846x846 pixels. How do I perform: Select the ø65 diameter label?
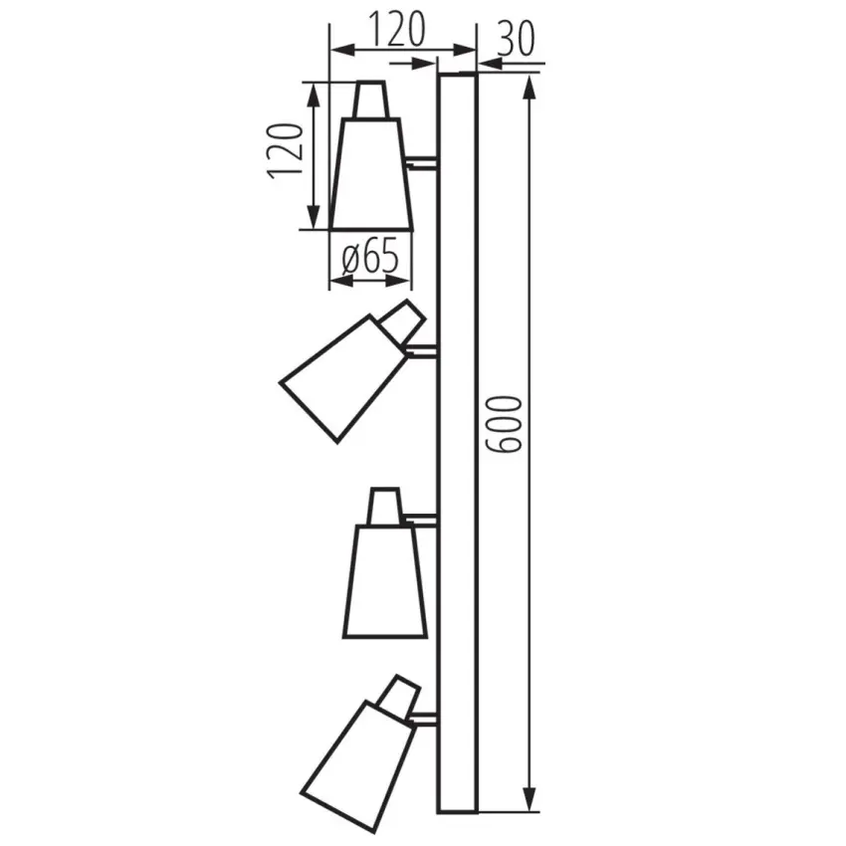(x=369, y=258)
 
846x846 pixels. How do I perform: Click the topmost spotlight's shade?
(x=371, y=174)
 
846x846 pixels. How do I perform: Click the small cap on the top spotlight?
(x=370, y=100)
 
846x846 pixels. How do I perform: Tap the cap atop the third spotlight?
(x=384, y=506)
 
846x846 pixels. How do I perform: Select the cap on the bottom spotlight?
(x=400, y=696)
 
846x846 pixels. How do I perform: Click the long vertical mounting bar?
(x=458, y=438)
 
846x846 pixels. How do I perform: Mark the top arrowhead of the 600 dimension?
(x=530, y=85)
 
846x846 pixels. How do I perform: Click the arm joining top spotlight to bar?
(x=421, y=161)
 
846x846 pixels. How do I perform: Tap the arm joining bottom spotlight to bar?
(x=426, y=718)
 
